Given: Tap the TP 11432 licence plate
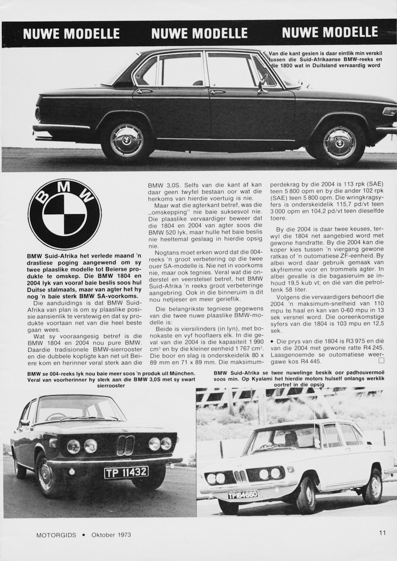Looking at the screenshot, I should pos(126,472).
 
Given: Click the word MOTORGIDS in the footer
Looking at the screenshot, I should pos(54,535).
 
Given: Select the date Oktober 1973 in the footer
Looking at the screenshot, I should pos(111,535).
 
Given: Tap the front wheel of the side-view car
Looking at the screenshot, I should pos(339,143).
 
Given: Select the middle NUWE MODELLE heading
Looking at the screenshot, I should pos(199,33).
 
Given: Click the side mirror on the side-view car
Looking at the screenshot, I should pos(264,84).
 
